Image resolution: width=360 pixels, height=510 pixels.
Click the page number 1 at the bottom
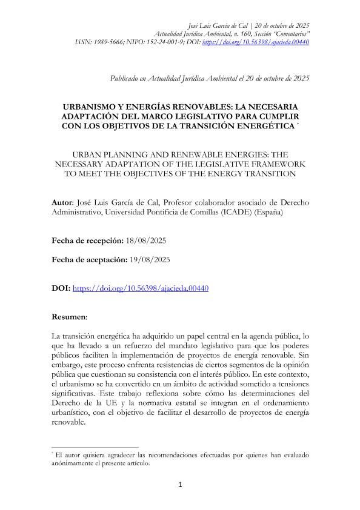tap(180, 485)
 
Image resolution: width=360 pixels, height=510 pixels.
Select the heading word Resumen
tap(68, 316)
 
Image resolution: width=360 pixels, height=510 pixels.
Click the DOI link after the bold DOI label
tap(141, 288)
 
